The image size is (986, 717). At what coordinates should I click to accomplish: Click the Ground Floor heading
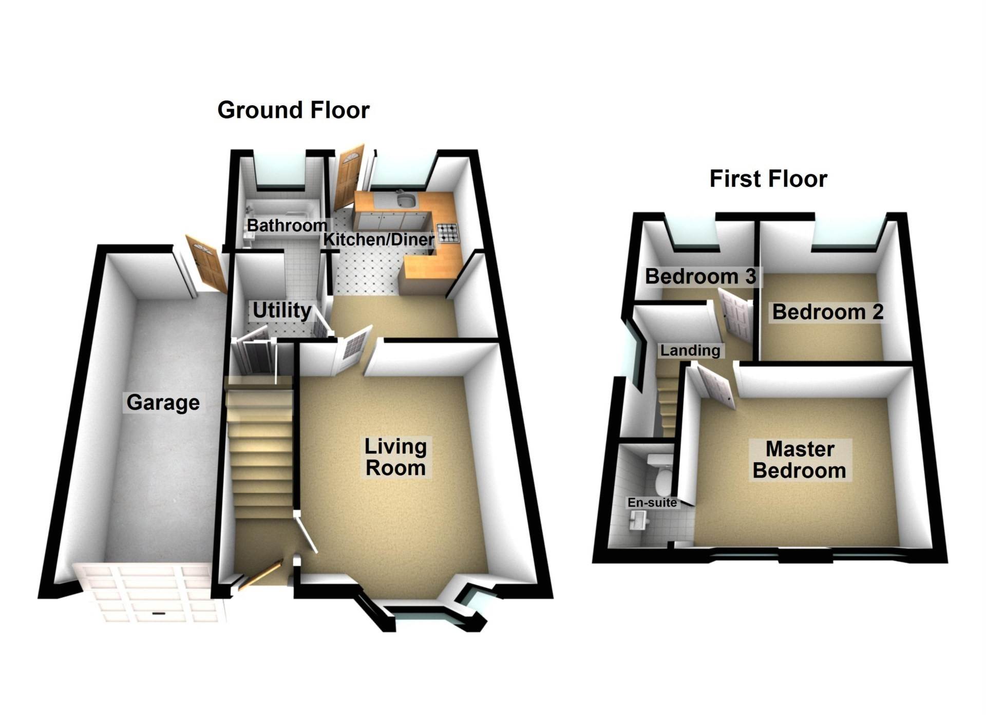point(293,110)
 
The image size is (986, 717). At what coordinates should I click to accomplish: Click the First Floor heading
point(768,179)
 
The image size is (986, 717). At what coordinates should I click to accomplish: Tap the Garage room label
point(163,402)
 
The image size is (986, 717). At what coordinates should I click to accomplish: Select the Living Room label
point(395,457)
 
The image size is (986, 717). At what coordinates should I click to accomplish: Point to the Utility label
point(281,310)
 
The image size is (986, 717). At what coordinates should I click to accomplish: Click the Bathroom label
point(287,225)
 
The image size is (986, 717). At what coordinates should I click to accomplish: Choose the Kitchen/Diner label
point(378,239)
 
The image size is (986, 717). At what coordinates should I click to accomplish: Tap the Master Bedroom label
point(799,460)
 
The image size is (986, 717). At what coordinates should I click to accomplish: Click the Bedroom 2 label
point(827,312)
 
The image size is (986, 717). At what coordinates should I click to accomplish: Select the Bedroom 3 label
point(700,276)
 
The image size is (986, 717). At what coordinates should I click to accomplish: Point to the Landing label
point(690,350)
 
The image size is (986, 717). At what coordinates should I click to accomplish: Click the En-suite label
point(652,502)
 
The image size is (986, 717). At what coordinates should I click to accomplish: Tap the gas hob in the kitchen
point(447,233)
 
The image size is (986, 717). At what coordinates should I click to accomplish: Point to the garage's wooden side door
point(206,266)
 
